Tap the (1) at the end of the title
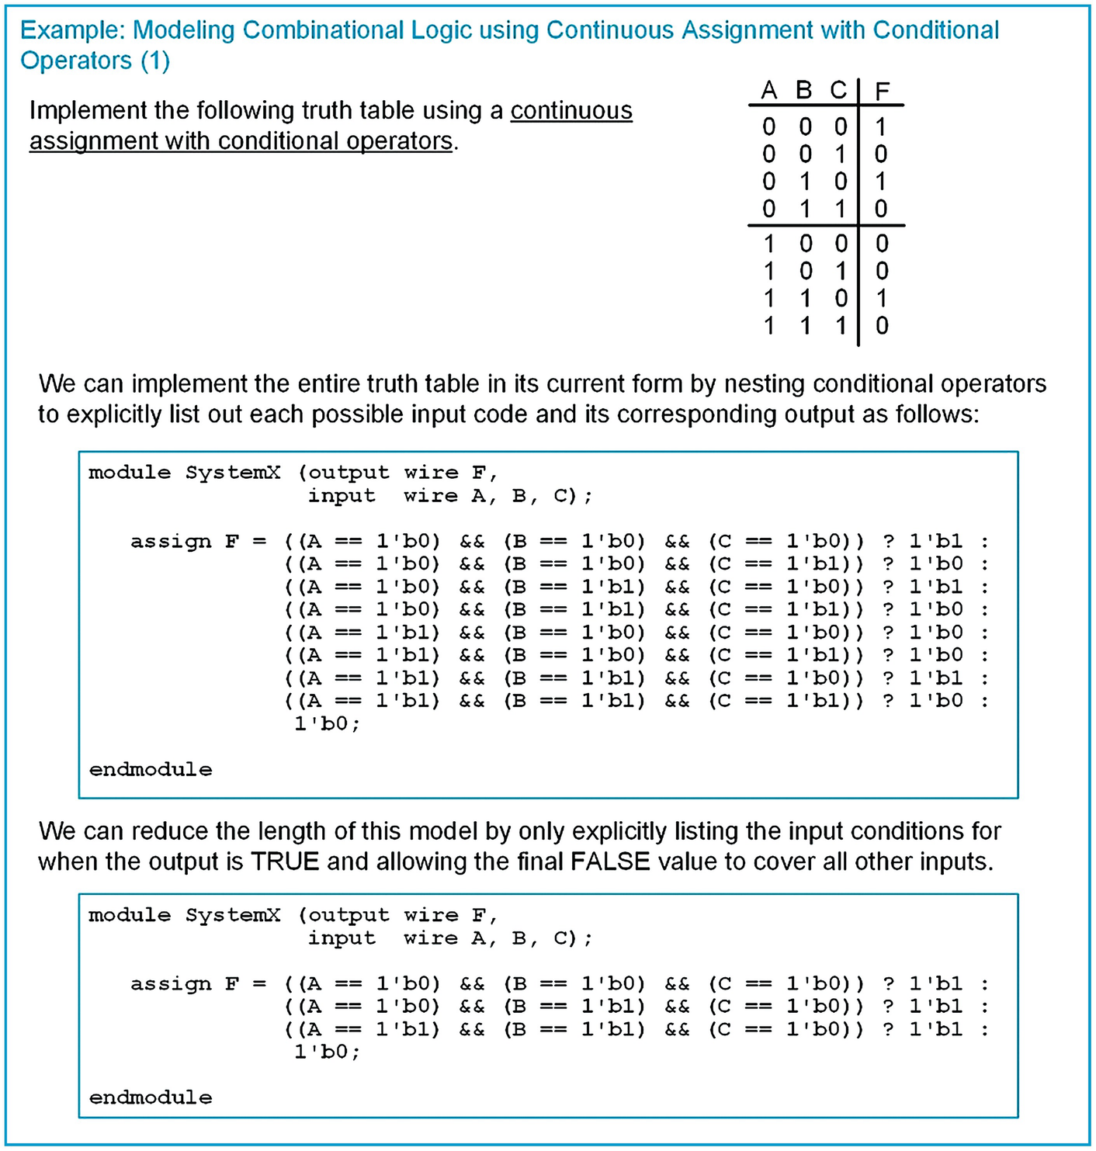tap(155, 61)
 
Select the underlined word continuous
tap(571, 111)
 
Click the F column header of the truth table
tap(882, 92)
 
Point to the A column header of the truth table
tap(768, 92)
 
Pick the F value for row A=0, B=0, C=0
tap(881, 127)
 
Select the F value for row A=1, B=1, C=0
tap(881, 298)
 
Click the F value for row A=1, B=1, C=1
tap(881, 325)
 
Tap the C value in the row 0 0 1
tap(840, 154)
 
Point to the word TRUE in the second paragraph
tap(285, 862)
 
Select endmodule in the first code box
tap(151, 770)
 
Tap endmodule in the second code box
tap(151, 1098)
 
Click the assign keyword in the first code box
tap(171, 542)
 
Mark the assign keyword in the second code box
tap(171, 984)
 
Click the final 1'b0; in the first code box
tap(327, 724)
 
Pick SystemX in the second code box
tap(233, 916)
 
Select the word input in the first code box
tap(342, 496)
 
